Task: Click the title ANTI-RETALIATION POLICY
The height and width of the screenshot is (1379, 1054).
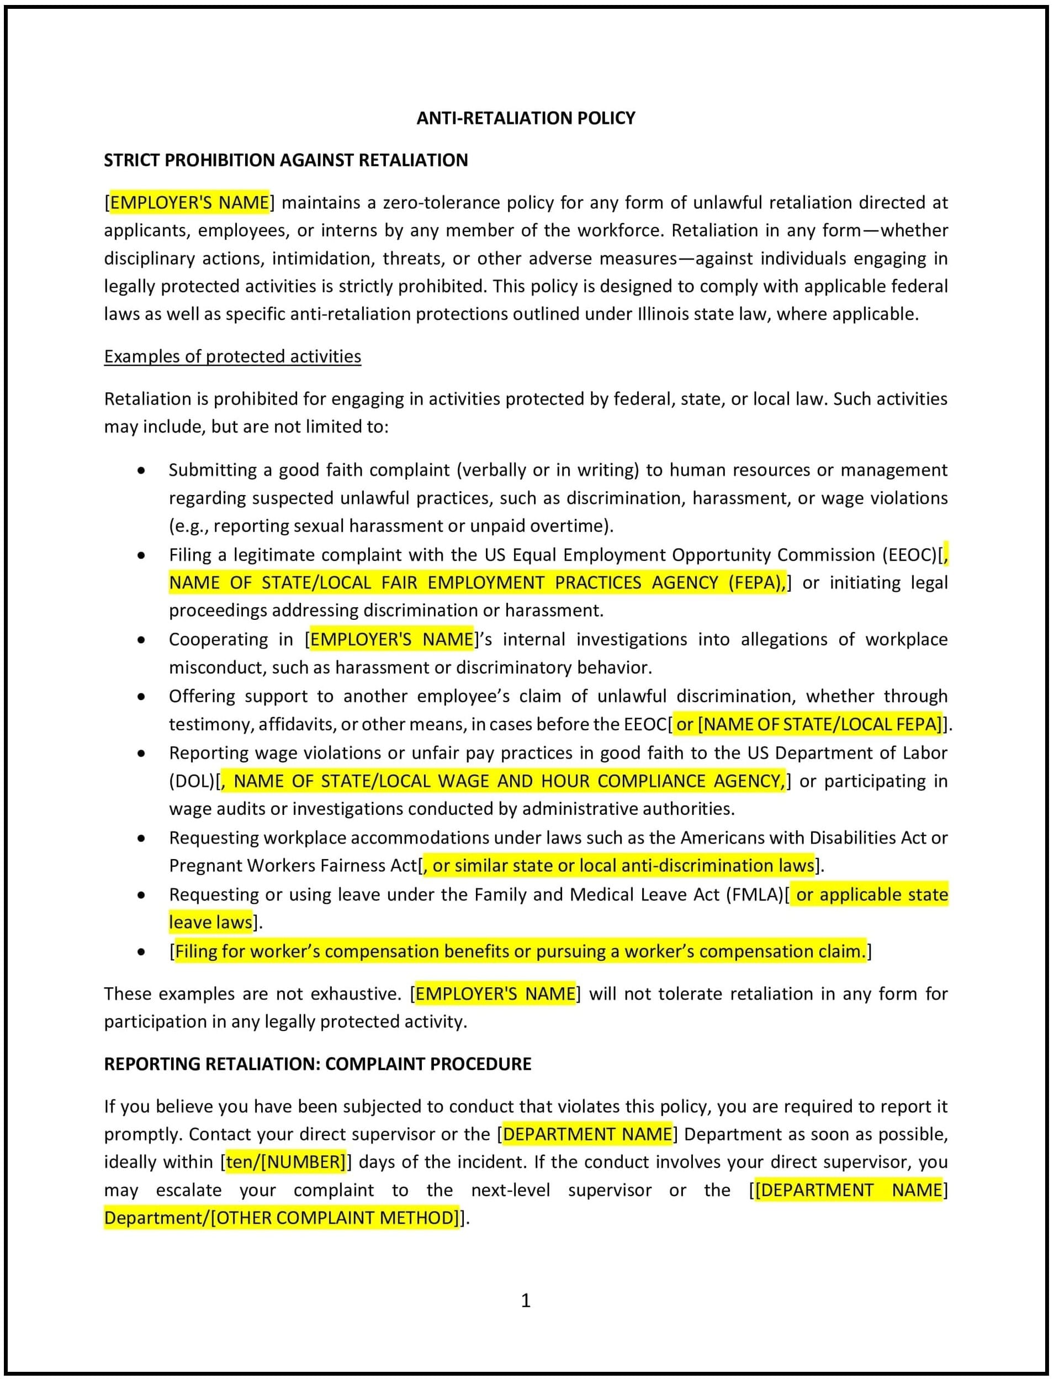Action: tap(526, 118)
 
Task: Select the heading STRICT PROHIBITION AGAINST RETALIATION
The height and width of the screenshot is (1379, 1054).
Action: tap(285, 160)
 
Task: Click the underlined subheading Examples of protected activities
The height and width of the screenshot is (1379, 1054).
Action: tap(232, 356)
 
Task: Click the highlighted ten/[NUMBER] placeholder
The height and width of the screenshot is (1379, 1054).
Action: tap(285, 1162)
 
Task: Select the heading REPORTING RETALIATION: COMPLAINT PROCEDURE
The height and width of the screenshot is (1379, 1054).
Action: tap(317, 1064)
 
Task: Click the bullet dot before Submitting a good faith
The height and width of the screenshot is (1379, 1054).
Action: tap(142, 470)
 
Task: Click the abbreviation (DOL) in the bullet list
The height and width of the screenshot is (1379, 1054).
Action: tap(192, 781)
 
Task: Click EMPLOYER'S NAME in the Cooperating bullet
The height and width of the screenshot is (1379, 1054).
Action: tap(391, 639)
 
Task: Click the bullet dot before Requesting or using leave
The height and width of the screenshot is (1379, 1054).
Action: tap(142, 895)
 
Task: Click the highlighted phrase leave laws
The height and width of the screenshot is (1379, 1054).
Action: tap(210, 922)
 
